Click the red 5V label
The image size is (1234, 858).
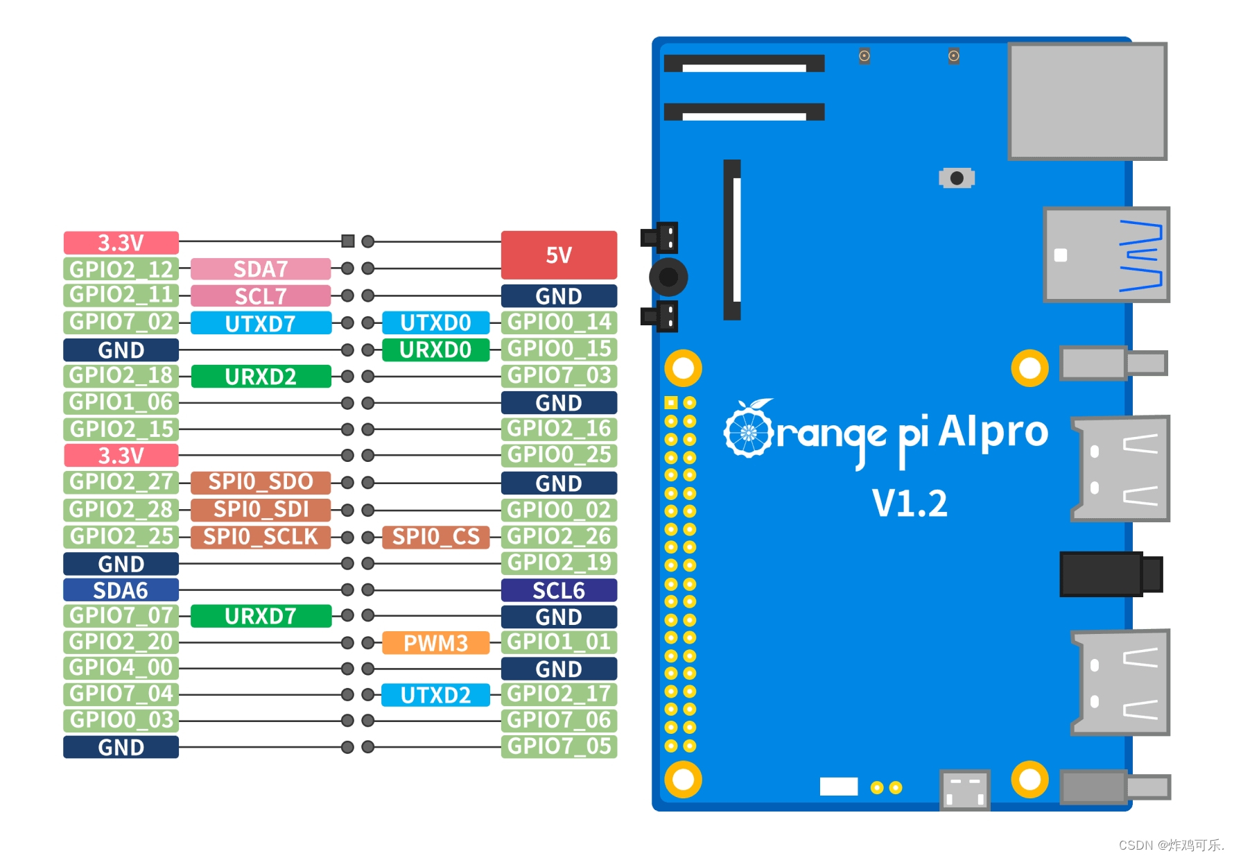tap(559, 255)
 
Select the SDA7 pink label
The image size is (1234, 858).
tap(260, 268)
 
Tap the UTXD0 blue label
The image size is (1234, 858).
tap(435, 323)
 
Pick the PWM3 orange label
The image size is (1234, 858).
tap(435, 643)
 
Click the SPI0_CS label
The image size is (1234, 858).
tap(435, 536)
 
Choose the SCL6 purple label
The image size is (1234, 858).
tap(559, 590)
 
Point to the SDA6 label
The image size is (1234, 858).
tap(121, 590)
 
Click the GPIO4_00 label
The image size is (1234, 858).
tap(121, 667)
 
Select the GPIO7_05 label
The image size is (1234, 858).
tap(559, 746)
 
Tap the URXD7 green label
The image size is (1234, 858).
tap(260, 616)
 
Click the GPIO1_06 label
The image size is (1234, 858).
tap(121, 402)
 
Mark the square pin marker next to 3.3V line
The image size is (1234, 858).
tap(348, 241)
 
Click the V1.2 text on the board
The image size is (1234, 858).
tap(909, 504)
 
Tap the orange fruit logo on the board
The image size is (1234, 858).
tap(748, 430)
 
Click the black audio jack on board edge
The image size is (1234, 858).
tap(1109, 574)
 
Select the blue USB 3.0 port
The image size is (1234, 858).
tap(1106, 255)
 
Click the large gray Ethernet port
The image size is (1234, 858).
tap(1087, 101)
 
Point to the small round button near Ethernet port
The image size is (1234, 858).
tap(957, 178)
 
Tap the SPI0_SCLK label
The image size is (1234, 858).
tap(260, 537)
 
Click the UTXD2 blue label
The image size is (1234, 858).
tap(435, 695)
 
